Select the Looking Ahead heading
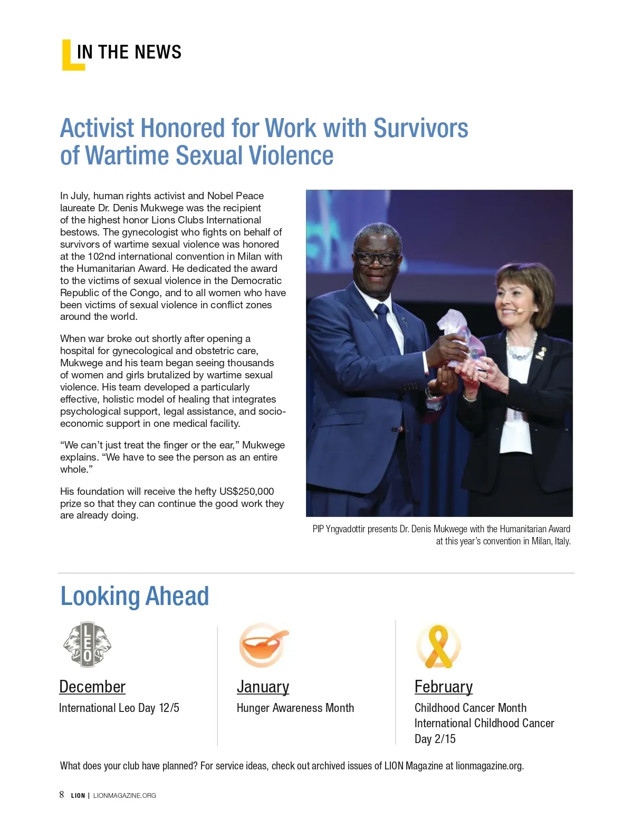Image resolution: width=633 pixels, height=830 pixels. point(135,596)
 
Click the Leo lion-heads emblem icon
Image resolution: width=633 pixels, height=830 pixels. point(88,644)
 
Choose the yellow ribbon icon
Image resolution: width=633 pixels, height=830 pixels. point(438,646)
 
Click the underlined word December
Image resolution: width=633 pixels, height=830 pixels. point(92,687)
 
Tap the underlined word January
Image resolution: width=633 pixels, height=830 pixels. point(263,687)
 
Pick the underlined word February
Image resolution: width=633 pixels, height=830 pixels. point(443,687)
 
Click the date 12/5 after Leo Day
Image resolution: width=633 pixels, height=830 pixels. point(169,708)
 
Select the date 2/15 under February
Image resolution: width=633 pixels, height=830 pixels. point(445,739)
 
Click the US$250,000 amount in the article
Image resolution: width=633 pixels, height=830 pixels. point(246,491)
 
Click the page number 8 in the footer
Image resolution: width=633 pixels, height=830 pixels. point(62,795)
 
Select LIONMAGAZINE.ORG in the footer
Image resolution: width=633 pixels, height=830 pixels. point(124,795)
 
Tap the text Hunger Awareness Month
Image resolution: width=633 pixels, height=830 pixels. point(295,708)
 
